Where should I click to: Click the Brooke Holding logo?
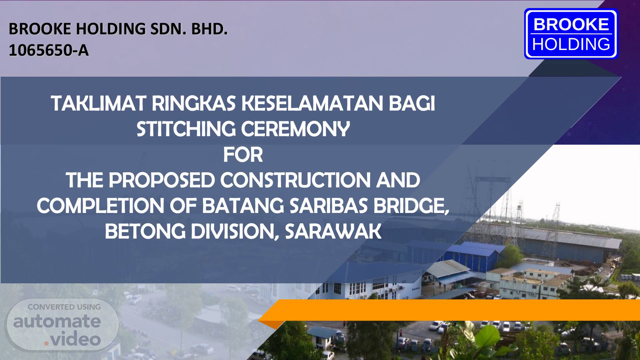(x=571, y=34)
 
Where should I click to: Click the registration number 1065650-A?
(x=49, y=51)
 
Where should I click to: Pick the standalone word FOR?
(x=243, y=155)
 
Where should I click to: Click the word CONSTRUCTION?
(x=295, y=180)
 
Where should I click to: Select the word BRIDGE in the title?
(x=411, y=206)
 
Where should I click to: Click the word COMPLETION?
(x=100, y=206)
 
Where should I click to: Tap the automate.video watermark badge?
(x=63, y=325)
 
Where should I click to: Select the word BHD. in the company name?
(x=209, y=29)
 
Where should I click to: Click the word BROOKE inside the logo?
(x=571, y=24)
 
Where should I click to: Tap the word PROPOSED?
(x=162, y=180)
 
